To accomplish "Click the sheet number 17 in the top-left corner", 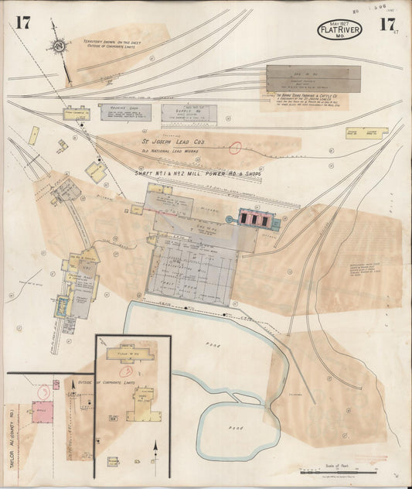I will tap(22, 22).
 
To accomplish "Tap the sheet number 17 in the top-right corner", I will tap(386, 24).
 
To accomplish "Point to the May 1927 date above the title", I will tap(332, 21).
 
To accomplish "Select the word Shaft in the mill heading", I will tap(148, 173).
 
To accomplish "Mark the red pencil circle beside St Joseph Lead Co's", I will tap(236, 147).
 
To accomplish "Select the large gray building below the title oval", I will tap(312, 79).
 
